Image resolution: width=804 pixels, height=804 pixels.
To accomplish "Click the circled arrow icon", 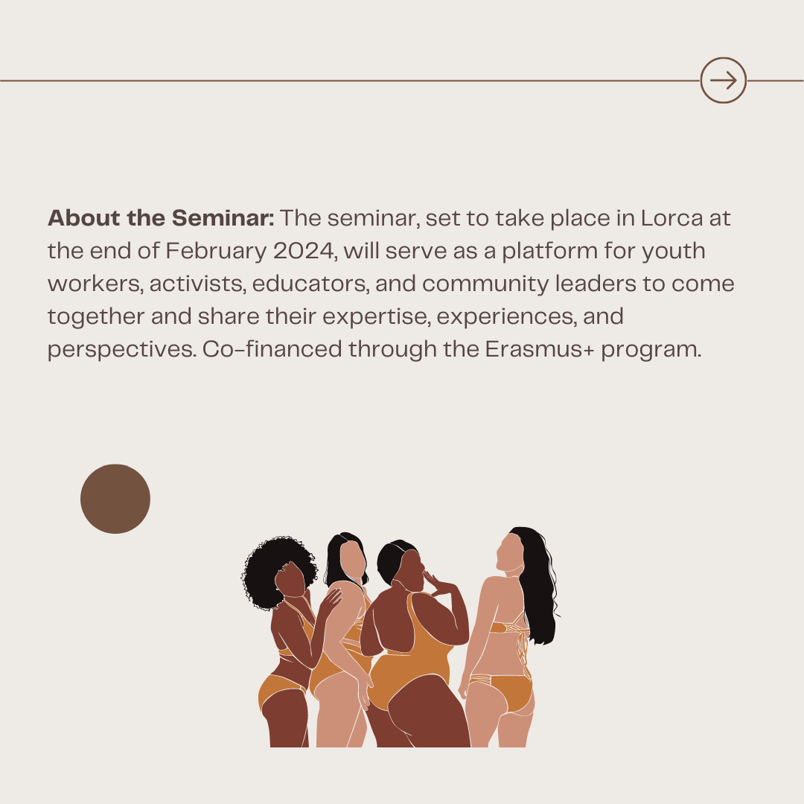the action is [723, 80].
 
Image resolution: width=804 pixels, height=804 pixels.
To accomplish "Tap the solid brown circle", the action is [115, 499].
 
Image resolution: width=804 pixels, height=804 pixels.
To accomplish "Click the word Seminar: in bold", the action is [223, 218].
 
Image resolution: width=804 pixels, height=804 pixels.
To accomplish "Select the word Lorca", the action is [671, 218].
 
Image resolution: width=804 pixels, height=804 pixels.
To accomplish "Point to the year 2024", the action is [305, 252].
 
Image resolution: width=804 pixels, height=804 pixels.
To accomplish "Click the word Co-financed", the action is [272, 350].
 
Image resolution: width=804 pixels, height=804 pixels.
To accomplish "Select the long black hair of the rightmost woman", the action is [537, 584].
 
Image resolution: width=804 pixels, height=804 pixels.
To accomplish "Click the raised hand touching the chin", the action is [435, 584].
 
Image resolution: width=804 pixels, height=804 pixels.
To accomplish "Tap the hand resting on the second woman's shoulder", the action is [330, 601].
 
